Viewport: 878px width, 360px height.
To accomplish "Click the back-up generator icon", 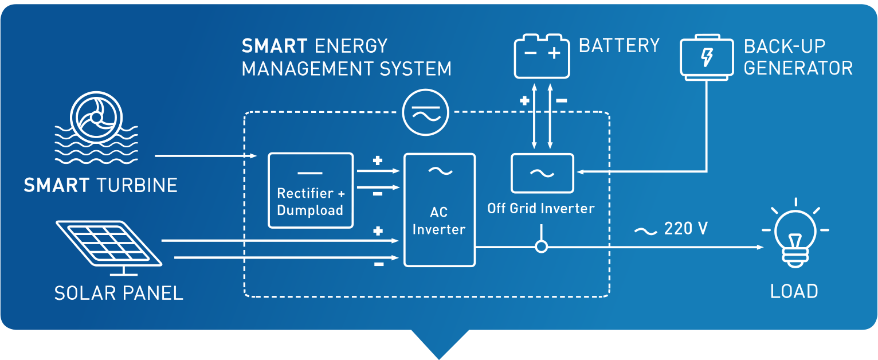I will tap(707, 57).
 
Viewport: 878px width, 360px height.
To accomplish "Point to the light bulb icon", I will tap(795, 235).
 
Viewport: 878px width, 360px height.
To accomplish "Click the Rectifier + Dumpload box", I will tap(310, 190).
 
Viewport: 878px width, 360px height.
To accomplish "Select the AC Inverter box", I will tap(439, 210).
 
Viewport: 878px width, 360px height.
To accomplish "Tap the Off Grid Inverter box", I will tap(542, 173).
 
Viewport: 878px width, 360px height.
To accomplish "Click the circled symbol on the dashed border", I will tap(426, 113).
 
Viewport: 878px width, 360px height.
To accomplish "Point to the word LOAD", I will tap(794, 291).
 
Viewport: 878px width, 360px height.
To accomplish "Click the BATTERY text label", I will tap(619, 46).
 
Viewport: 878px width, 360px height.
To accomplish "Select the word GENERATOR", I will tap(798, 68).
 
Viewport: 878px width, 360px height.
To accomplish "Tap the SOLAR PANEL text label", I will tap(119, 293).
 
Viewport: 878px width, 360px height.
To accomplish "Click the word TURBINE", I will tap(137, 185).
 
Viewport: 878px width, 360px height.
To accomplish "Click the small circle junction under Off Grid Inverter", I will tap(541, 247).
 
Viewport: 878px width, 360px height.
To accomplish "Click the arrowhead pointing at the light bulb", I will tap(760, 247).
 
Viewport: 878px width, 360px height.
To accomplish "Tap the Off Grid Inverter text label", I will tap(541, 208).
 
